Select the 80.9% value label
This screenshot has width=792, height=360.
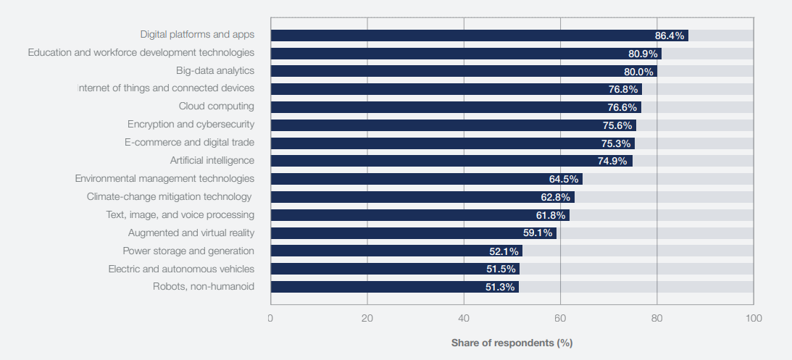pyautogui.click(x=643, y=54)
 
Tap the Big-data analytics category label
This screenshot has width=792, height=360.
pyautogui.click(x=214, y=70)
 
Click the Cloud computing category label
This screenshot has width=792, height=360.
pyautogui.click(x=216, y=106)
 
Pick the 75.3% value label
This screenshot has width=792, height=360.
pyautogui.click(x=616, y=143)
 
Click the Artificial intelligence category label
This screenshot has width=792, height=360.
pyautogui.click(x=212, y=160)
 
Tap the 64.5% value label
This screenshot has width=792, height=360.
pyautogui.click(x=564, y=179)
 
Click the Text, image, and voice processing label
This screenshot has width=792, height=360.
pyautogui.click(x=180, y=214)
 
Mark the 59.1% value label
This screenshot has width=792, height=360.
pyautogui.click(x=538, y=233)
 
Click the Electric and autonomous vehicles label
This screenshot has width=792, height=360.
pyautogui.click(x=181, y=269)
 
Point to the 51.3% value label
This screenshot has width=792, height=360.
pyautogui.click(x=500, y=287)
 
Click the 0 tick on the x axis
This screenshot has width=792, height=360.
pyautogui.click(x=270, y=318)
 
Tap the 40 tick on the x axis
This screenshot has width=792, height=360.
pyautogui.click(x=464, y=318)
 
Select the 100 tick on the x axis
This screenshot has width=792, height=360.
pyautogui.click(x=754, y=318)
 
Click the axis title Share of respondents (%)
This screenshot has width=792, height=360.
pyautogui.click(x=512, y=342)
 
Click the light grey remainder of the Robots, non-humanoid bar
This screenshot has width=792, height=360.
pyautogui.click(x=636, y=287)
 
